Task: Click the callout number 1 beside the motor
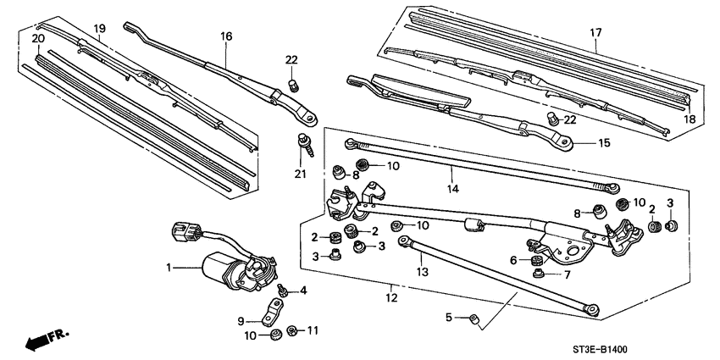click(169, 269)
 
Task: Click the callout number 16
click(226, 36)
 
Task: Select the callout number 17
click(595, 33)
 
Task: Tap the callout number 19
click(99, 29)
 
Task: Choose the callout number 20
click(37, 39)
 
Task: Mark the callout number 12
click(390, 297)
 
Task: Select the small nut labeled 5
click(474, 320)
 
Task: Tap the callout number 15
click(603, 143)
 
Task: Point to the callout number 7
click(566, 274)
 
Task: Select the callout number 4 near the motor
click(304, 291)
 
